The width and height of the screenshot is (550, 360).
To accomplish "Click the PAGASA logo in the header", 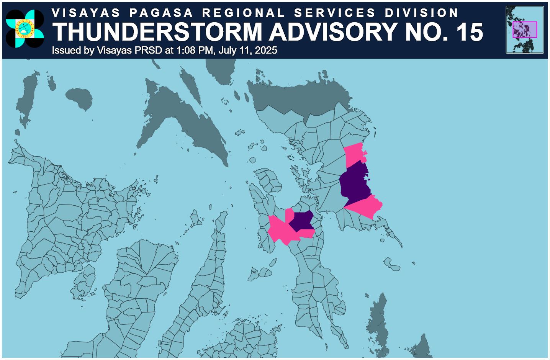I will coord(25,29).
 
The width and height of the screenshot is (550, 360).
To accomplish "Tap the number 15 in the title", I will coord(470,32).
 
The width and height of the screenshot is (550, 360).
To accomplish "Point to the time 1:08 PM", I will coord(194,51).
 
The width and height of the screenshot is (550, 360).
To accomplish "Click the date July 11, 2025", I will coord(248,51).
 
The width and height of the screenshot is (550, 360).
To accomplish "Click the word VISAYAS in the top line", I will coord(86,13).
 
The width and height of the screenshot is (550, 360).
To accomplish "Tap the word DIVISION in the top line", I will coord(422,13).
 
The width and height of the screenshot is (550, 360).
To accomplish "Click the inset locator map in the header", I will coord(525,29).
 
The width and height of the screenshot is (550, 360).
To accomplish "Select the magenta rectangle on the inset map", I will coord(525,30).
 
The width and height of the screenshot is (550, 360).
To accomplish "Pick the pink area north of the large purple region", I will coord(355,155).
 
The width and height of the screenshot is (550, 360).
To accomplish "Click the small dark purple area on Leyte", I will coord(301,221).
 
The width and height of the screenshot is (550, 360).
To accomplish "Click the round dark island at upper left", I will coord(79,98).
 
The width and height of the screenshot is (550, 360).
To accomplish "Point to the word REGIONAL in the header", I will coord(244,13).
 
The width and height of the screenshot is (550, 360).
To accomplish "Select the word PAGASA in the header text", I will coord(161,13).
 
